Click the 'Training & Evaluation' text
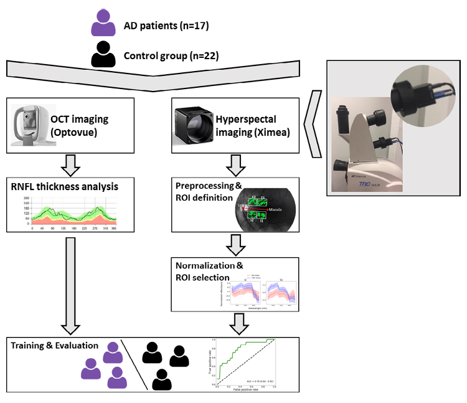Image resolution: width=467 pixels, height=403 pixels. tap(54, 344)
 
